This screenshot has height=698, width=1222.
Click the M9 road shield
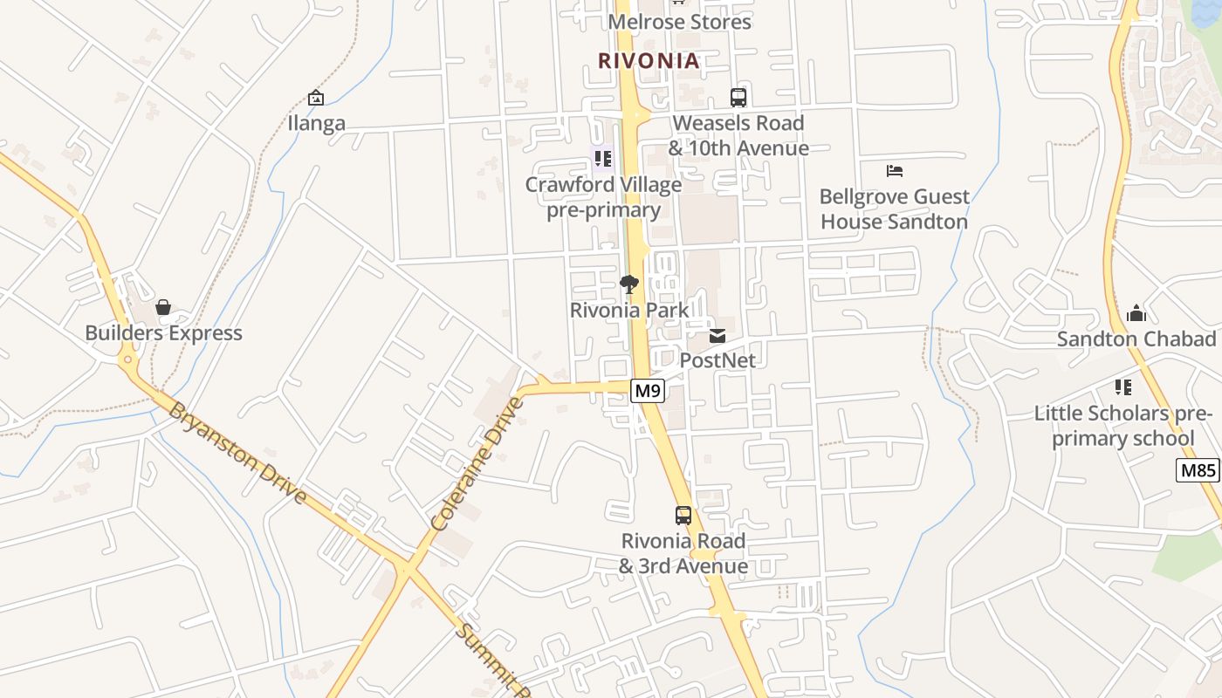click(647, 391)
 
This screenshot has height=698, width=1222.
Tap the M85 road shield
click(1198, 471)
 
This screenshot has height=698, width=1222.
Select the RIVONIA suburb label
click(649, 61)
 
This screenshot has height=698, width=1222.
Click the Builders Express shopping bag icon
click(163, 307)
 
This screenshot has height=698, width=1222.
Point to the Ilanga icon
click(316, 98)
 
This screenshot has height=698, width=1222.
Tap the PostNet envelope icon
click(717, 336)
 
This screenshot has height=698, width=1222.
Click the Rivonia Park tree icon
click(628, 284)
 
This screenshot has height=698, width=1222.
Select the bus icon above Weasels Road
click(738, 98)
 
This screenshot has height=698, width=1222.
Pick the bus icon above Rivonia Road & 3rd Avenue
click(683, 516)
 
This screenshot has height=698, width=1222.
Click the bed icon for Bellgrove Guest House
click(895, 170)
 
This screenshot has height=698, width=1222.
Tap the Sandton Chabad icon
click(1136, 313)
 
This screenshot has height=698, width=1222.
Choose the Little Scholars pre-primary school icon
click(1123, 387)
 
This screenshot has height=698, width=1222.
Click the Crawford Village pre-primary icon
click(602, 159)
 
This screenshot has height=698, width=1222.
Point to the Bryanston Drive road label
click(237, 453)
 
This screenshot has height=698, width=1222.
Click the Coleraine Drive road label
click(477, 464)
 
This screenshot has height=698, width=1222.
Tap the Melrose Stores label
click(679, 22)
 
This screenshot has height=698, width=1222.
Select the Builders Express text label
click(163, 333)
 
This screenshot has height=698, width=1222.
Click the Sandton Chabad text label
click(1136, 339)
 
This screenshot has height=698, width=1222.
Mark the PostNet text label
click(717, 360)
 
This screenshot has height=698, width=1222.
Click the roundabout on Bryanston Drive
click(128, 359)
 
